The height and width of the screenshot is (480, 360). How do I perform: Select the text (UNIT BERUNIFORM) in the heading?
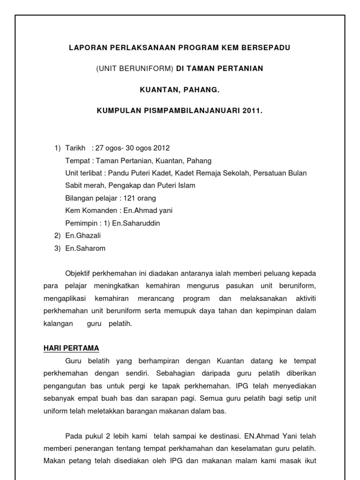(135, 68)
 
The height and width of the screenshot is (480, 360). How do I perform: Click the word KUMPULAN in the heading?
(117, 112)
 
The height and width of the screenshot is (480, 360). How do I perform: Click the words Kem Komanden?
(88, 211)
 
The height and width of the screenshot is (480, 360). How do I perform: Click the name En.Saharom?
(85, 248)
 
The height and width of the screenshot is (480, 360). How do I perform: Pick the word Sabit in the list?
(74, 186)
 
